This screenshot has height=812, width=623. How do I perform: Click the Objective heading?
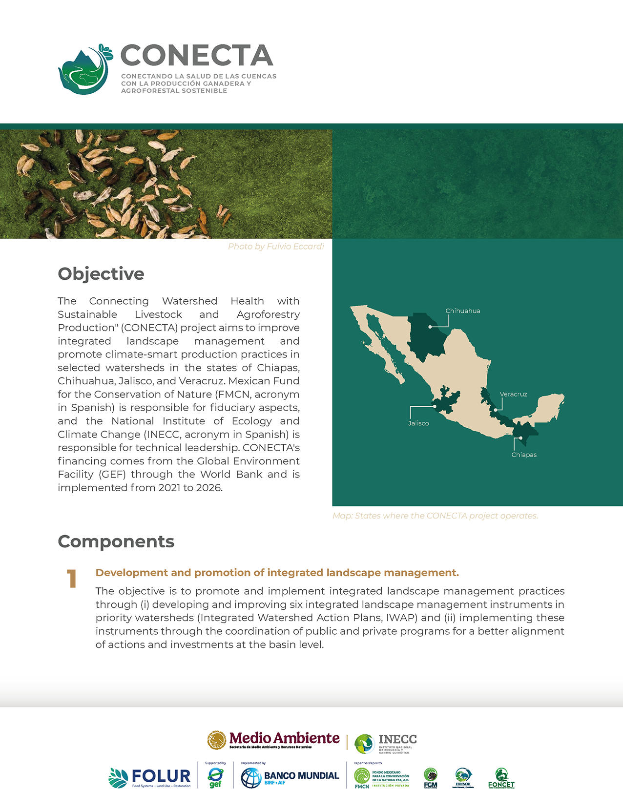[101, 274]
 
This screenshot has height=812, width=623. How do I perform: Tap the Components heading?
[116, 541]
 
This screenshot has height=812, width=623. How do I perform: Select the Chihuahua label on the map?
[462, 311]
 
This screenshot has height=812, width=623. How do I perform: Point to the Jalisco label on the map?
[418, 423]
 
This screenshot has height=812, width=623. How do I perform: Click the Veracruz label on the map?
[513, 394]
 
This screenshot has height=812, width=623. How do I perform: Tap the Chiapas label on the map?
[524, 455]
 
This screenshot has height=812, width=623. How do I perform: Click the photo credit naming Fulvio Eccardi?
[276, 247]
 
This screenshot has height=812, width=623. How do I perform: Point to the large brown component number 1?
[72, 579]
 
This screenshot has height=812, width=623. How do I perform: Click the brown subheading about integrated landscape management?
[277, 573]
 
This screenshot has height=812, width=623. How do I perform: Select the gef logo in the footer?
[215, 777]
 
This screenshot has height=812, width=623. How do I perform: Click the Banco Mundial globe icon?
[251, 778]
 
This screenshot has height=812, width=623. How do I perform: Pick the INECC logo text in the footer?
[397, 740]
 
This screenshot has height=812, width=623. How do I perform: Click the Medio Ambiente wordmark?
[284, 738]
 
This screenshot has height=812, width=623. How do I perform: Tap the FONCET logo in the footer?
[501, 778]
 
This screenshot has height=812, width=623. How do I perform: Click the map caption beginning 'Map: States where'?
[435, 516]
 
